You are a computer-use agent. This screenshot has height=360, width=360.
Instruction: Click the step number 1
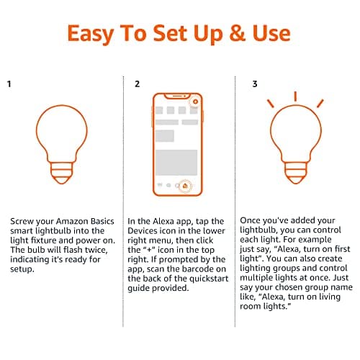[x=9, y=84]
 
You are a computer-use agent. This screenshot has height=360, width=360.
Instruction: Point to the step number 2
[x=137, y=84]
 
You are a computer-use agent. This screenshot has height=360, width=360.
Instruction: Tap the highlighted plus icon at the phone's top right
[x=194, y=102]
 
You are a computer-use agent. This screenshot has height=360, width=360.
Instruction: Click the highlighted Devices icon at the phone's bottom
[x=185, y=186]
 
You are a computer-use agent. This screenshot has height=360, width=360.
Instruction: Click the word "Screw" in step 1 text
[x=22, y=220]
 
